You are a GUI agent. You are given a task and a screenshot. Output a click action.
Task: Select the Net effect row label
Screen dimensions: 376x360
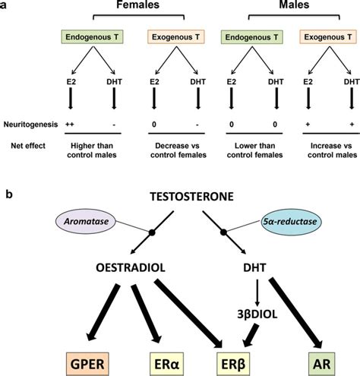coord(21,141)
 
